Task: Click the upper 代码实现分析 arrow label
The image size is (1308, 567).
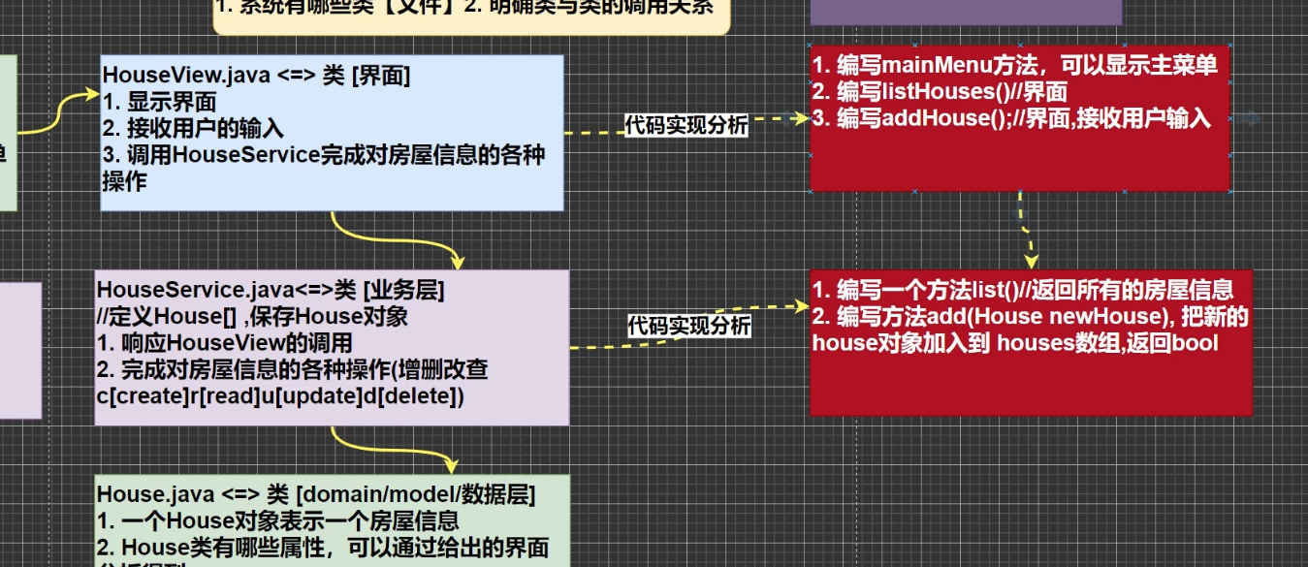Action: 686,125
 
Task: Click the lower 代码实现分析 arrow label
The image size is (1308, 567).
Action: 688,327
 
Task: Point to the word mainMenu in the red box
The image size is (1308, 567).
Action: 927,66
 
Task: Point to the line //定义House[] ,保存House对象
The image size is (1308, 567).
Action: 252,317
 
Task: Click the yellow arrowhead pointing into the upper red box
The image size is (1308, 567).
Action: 802,118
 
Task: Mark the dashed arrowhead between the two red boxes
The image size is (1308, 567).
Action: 1032,261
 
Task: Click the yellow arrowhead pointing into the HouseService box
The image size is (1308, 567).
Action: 457,261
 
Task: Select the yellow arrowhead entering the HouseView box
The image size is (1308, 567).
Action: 92,97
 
